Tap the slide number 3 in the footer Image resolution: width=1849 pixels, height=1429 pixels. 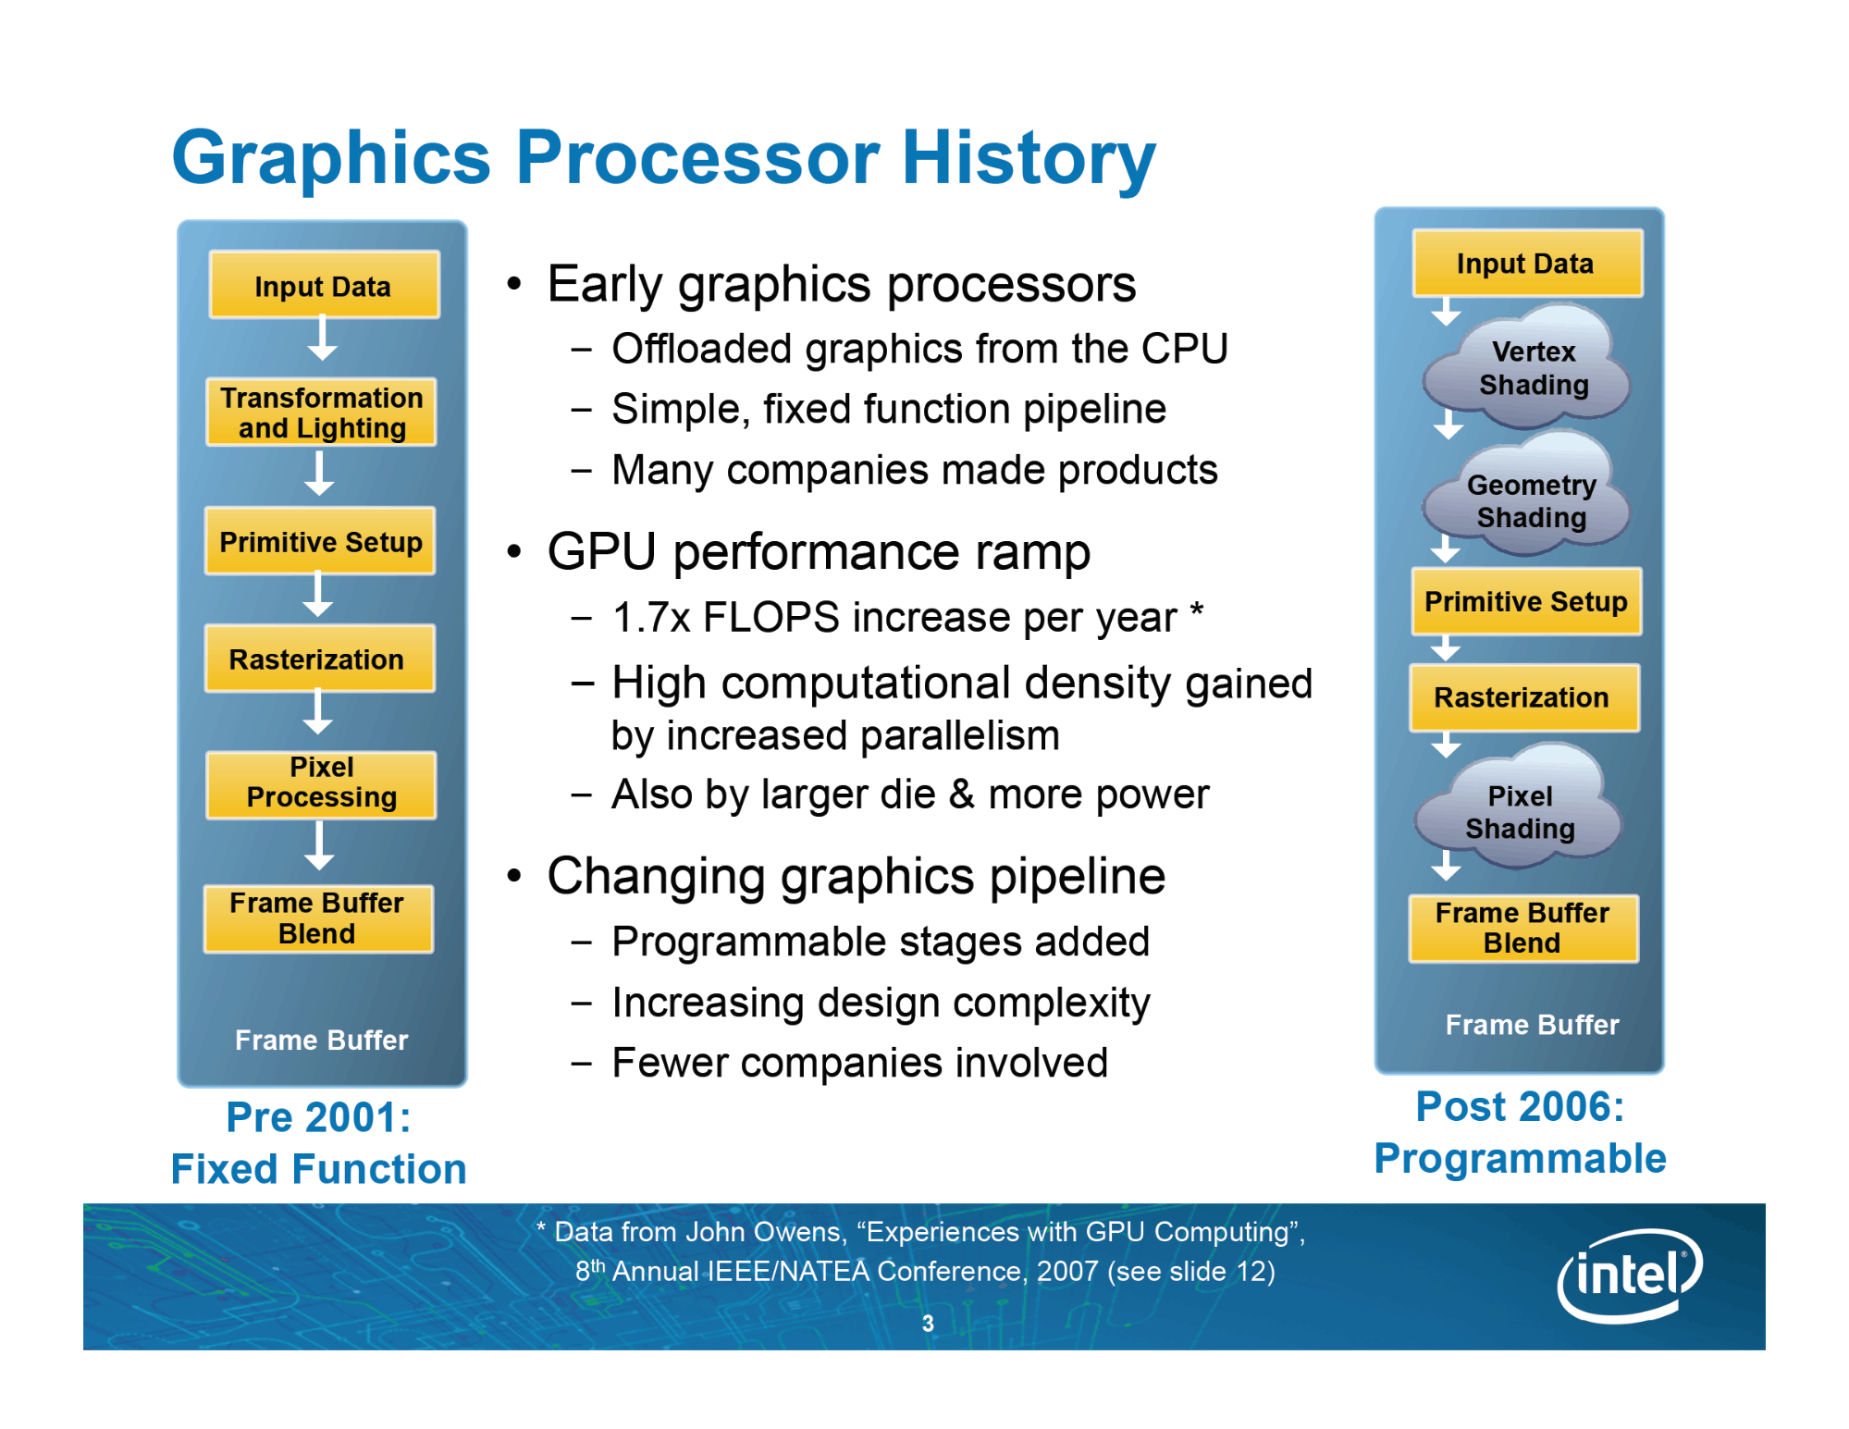(x=928, y=1324)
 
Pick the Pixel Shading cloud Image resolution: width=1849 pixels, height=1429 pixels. (x=1520, y=807)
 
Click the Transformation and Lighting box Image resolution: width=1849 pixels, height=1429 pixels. (x=322, y=413)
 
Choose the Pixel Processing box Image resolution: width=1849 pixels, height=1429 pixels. (x=322, y=784)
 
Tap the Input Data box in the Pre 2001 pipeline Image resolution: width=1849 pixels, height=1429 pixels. (x=324, y=285)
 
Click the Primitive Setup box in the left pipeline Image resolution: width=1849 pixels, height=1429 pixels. (x=320, y=541)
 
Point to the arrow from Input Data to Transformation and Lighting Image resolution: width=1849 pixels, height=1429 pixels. (x=322, y=338)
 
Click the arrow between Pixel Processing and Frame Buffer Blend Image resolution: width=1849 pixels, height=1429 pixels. (x=319, y=845)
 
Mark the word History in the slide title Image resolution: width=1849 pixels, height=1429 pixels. (x=1029, y=157)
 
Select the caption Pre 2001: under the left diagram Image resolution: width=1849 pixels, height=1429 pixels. (x=319, y=1117)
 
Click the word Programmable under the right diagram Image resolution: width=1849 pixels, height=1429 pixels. (x=1520, y=1159)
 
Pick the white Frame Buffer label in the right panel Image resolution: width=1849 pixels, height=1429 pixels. (x=1532, y=1025)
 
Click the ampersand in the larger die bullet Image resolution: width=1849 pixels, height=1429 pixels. (x=962, y=795)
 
